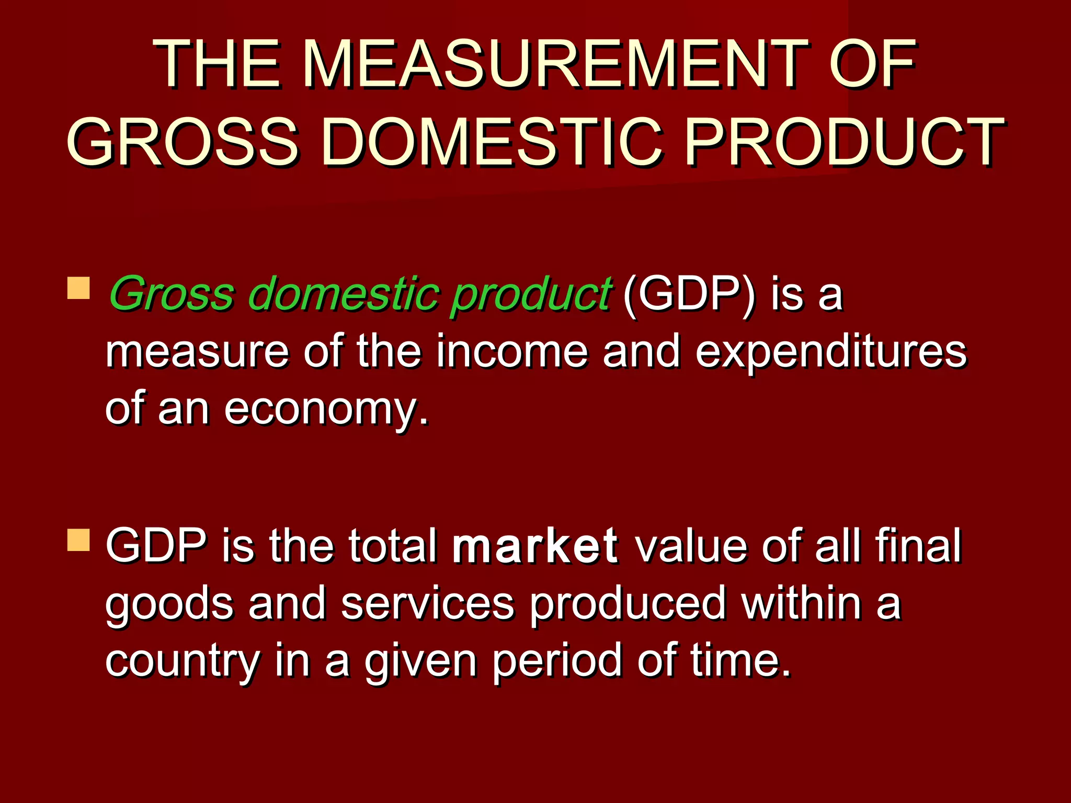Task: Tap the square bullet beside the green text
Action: coord(78,288)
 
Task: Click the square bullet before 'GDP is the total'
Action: coord(78,540)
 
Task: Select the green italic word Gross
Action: coord(171,294)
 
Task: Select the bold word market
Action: coord(535,546)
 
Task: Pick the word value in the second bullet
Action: coord(691,546)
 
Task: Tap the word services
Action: coord(428,604)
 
